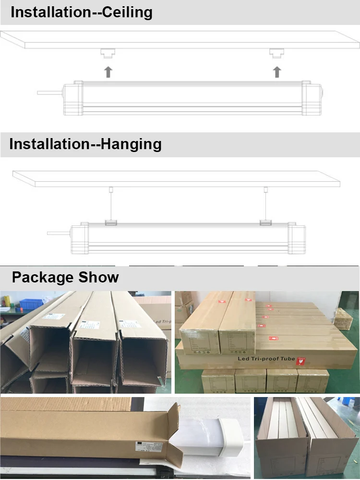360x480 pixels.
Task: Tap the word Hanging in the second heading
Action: coord(131,144)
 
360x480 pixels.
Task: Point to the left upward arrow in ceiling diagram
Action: coord(108,72)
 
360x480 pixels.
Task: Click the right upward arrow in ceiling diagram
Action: coord(276,72)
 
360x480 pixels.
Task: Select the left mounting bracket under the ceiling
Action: coord(108,53)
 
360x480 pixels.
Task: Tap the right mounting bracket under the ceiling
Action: coord(276,53)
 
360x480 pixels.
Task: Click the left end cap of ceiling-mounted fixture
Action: coord(71,98)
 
